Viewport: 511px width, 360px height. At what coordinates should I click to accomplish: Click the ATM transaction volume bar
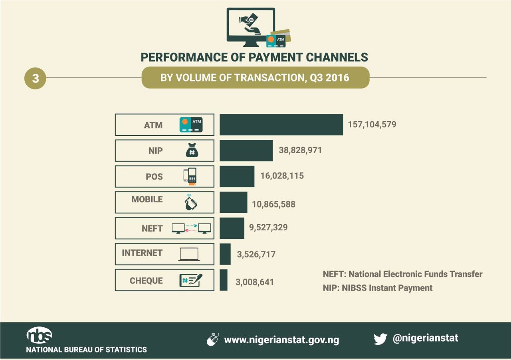coord(281,125)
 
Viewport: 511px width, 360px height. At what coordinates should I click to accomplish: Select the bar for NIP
coord(246,150)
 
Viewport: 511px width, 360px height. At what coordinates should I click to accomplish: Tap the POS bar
coord(237,176)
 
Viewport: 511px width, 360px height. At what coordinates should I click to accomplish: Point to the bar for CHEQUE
coord(224,280)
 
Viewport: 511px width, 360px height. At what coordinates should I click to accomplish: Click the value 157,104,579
coord(372,125)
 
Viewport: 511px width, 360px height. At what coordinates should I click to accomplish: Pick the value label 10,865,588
coord(273,204)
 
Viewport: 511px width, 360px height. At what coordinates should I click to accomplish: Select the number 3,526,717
coord(256,254)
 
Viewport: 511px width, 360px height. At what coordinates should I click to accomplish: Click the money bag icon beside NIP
coord(192,150)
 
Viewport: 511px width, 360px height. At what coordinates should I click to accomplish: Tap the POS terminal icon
coord(190,176)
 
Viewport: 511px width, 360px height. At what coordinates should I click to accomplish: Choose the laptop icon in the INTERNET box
coord(189,254)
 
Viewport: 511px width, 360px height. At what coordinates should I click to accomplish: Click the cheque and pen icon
coord(191,280)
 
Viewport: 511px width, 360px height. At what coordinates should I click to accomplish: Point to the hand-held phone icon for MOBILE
coord(191,202)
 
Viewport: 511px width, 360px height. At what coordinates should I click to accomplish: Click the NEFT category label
coord(152,228)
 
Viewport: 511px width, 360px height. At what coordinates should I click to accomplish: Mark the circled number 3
coord(36,78)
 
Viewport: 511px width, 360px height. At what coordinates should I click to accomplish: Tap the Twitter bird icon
coord(380,339)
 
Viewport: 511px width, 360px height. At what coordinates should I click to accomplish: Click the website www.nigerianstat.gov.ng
coord(281,340)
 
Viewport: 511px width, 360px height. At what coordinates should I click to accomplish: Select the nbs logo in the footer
coord(39,335)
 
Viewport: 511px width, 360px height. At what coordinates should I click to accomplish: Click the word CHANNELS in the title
coord(337,57)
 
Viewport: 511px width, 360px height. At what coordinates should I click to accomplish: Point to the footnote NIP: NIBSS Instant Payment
coord(378,288)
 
